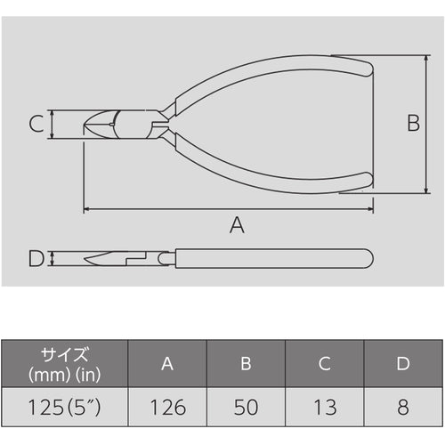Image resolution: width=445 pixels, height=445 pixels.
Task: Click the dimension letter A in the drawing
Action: tap(235, 225)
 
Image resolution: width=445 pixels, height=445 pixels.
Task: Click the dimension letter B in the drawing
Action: tap(413, 123)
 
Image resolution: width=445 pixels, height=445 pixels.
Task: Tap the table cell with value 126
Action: tap(166, 408)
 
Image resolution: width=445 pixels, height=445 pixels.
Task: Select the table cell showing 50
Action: tap(246, 408)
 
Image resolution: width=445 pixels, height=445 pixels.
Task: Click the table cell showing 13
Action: tap(325, 408)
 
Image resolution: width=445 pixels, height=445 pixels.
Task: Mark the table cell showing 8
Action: tap(403, 408)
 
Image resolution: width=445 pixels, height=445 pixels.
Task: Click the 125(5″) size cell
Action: tap(63, 408)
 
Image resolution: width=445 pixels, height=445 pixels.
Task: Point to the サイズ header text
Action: tap(63, 352)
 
